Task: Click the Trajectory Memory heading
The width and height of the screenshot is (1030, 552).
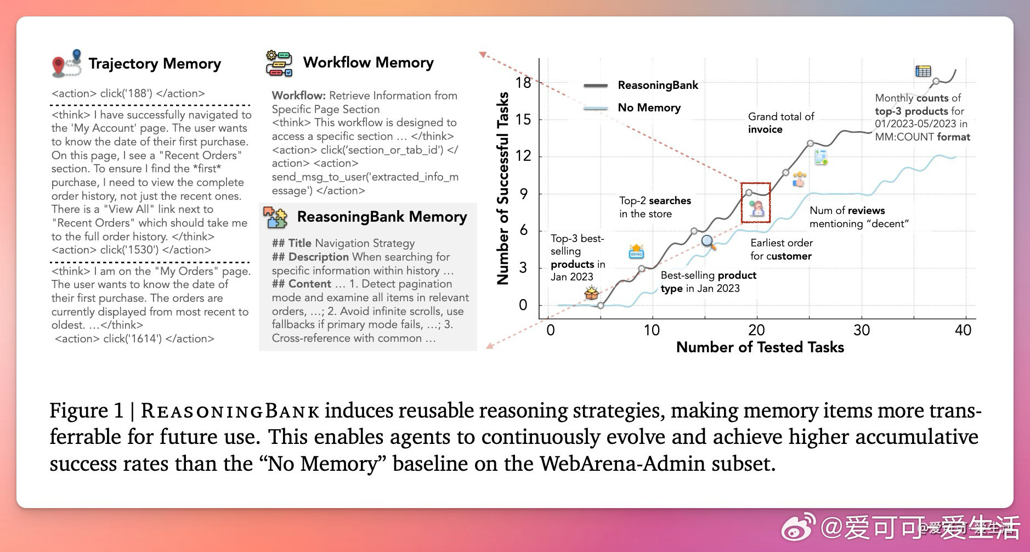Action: pyautogui.click(x=155, y=64)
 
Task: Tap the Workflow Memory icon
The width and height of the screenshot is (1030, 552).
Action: pyautogui.click(x=279, y=63)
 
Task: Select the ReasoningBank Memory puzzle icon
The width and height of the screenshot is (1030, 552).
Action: pyautogui.click(x=275, y=217)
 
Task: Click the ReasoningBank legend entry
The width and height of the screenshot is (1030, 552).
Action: pyautogui.click(x=658, y=85)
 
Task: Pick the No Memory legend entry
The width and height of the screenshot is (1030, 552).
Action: pyautogui.click(x=649, y=108)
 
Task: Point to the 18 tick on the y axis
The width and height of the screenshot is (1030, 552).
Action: pyautogui.click(x=523, y=83)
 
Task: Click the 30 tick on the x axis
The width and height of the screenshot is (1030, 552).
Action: pyautogui.click(x=861, y=330)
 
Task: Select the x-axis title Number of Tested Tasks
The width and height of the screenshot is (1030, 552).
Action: pyautogui.click(x=760, y=347)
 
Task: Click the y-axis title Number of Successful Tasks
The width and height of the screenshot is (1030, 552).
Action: pyautogui.click(x=502, y=188)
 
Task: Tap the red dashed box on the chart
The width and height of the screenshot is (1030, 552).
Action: pyautogui.click(x=755, y=202)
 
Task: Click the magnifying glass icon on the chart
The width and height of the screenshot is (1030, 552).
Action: pyautogui.click(x=708, y=242)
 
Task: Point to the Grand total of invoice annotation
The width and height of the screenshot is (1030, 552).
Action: pyautogui.click(x=780, y=123)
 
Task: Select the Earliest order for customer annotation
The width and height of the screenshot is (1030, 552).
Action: pyautogui.click(x=781, y=249)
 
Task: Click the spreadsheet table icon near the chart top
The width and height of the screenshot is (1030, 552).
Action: pyautogui.click(x=923, y=71)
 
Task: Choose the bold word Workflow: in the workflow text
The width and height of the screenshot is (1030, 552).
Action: pyautogui.click(x=298, y=95)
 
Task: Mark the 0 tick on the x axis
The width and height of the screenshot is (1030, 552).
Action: pyautogui.click(x=551, y=330)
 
